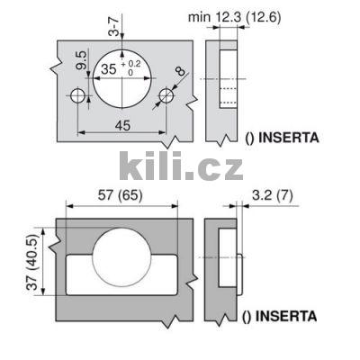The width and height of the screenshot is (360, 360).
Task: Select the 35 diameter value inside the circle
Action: coord(108,68)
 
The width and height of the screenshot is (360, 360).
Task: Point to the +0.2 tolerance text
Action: coord(134,64)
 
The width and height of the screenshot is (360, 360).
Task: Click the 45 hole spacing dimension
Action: coord(121,126)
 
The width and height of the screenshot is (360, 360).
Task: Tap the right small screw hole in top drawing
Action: coord(166,95)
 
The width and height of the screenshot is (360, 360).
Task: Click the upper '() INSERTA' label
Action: coord(280,139)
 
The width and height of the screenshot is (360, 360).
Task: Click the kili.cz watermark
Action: coord(180,166)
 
